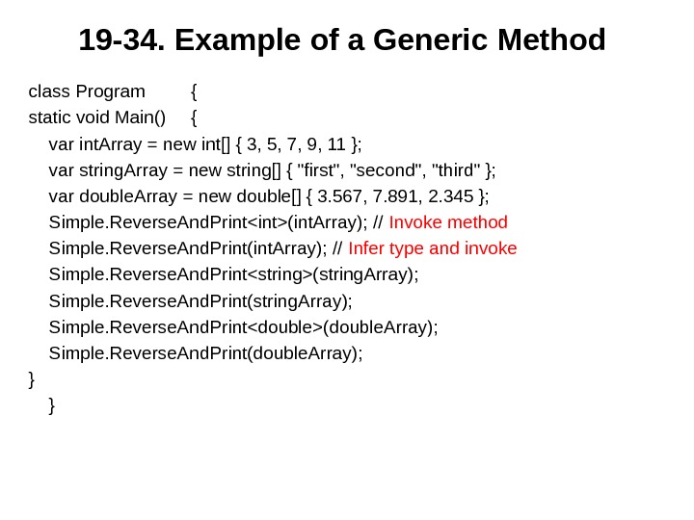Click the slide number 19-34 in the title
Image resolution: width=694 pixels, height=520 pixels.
click(x=120, y=40)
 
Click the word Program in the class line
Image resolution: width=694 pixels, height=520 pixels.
click(x=110, y=91)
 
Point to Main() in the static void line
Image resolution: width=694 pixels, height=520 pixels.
click(x=140, y=118)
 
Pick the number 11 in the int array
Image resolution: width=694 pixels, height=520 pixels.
click(x=336, y=144)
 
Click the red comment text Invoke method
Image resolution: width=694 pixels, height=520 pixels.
click(x=448, y=222)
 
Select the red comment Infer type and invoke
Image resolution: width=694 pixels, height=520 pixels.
click(x=433, y=248)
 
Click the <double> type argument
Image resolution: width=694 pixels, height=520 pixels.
click(x=284, y=326)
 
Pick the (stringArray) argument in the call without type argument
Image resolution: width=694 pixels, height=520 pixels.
click(x=300, y=300)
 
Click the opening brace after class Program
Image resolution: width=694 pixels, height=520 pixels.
click(x=194, y=91)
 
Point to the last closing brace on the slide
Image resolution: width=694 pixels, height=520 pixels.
click(x=51, y=405)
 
